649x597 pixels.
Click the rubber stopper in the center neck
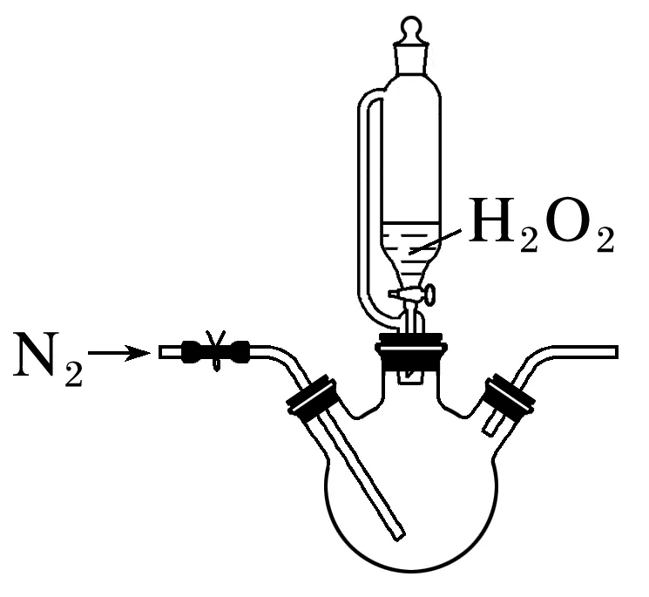pyautogui.click(x=410, y=352)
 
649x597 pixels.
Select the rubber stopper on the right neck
pyautogui.click(x=510, y=397)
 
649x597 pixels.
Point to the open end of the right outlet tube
pyautogui.click(x=613, y=352)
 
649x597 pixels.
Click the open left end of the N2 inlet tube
pyautogui.click(x=164, y=353)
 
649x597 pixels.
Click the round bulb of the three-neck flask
pyautogui.click(x=410, y=505)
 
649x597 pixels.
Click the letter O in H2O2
pyautogui.click(x=562, y=223)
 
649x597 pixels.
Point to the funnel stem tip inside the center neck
pyautogui.click(x=410, y=377)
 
